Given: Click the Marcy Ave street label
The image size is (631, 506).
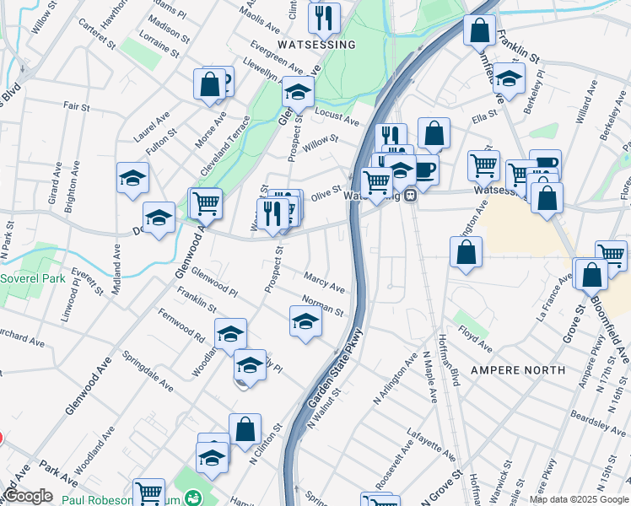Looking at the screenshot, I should point(325,283).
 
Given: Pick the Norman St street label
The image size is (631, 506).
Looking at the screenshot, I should point(323,305).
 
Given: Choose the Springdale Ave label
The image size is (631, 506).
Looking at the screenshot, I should point(148,371).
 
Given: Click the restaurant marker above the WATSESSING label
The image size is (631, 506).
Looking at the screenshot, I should point(324,18).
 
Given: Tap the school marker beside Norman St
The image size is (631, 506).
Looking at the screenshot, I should point(305,321).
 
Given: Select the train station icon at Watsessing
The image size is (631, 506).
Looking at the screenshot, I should point(411,196).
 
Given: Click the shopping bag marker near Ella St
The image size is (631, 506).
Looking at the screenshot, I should point(434,132).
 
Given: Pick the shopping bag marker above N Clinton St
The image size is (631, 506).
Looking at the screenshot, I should point(245,428).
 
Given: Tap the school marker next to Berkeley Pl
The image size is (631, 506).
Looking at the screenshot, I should point(509,78).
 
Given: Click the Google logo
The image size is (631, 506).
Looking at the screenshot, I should point(27,496).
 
